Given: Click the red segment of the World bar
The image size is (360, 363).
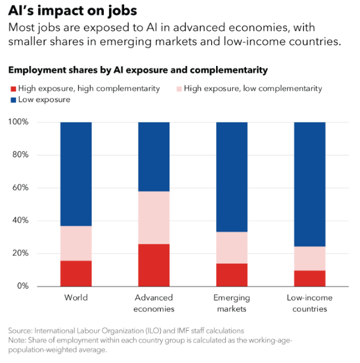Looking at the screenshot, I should point(76,273).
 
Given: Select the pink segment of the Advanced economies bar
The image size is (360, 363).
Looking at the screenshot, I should point(154,217).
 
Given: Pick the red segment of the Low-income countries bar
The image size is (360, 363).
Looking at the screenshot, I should point(310,278).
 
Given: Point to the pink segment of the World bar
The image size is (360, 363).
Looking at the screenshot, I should point(76,243).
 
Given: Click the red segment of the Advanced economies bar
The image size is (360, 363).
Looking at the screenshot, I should point(154,265).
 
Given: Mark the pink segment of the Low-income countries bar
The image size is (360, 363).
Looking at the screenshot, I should point(310,259).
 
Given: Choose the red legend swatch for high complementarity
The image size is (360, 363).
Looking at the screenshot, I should point(12,89).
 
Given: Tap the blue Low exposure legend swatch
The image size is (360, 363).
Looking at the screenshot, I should point(12,99).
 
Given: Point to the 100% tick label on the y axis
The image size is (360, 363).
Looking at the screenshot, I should point(19,123).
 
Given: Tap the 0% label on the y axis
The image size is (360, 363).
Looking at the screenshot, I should point(23,286).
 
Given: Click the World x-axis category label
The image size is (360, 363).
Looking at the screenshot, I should point(76,298).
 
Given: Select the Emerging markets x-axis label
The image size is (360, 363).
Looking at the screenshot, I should point(232,303).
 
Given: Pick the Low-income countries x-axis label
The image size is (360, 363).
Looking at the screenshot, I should point(310,303).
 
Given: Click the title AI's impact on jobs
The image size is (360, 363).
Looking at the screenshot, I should point(72,11).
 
